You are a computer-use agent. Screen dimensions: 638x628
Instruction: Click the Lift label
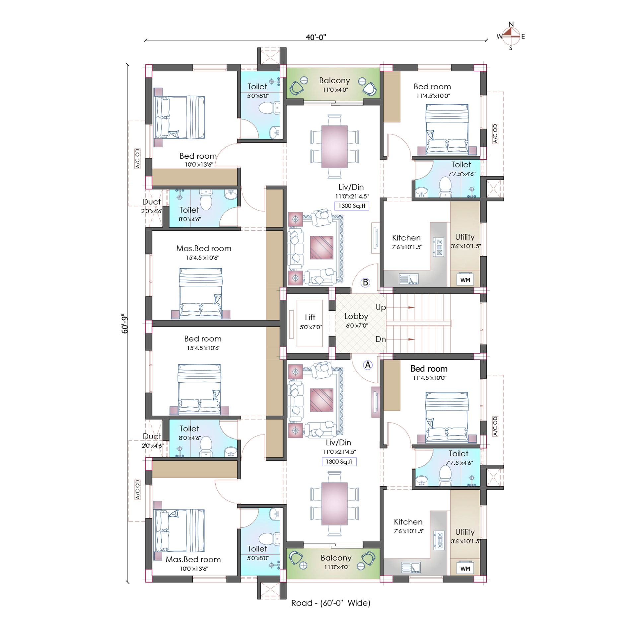click(x=310, y=317)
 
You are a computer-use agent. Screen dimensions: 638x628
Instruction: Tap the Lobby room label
click(x=356, y=316)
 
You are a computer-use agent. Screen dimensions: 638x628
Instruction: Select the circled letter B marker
click(x=365, y=282)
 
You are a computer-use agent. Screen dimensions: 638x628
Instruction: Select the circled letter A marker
click(x=368, y=365)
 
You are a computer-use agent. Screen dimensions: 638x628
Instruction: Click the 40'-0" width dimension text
click(x=316, y=37)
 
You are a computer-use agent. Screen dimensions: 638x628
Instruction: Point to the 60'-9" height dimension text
click(x=124, y=324)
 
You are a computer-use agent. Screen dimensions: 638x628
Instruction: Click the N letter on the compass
click(x=511, y=24)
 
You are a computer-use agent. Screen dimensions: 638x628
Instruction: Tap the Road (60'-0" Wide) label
click(x=330, y=603)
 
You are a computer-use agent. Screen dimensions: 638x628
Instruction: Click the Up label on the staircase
click(x=381, y=307)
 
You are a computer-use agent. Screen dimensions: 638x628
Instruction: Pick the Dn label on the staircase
click(x=381, y=339)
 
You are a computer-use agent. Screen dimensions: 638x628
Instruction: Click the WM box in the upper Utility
click(x=465, y=280)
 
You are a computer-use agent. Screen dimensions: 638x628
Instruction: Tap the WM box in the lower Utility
click(x=465, y=569)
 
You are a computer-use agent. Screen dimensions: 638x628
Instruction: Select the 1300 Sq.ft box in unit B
click(x=352, y=206)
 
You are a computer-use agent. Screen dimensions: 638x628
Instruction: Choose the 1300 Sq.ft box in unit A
click(x=339, y=462)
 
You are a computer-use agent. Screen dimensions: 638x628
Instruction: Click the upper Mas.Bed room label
click(x=204, y=248)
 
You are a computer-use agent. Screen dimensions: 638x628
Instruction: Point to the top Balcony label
click(x=334, y=80)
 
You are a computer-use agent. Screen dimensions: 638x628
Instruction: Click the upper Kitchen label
click(x=406, y=238)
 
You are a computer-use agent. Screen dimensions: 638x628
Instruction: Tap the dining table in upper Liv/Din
click(x=334, y=146)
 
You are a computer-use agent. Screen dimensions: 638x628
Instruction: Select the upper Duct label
click(x=151, y=202)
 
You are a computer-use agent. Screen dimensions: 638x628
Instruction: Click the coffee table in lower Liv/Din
click(x=321, y=400)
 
